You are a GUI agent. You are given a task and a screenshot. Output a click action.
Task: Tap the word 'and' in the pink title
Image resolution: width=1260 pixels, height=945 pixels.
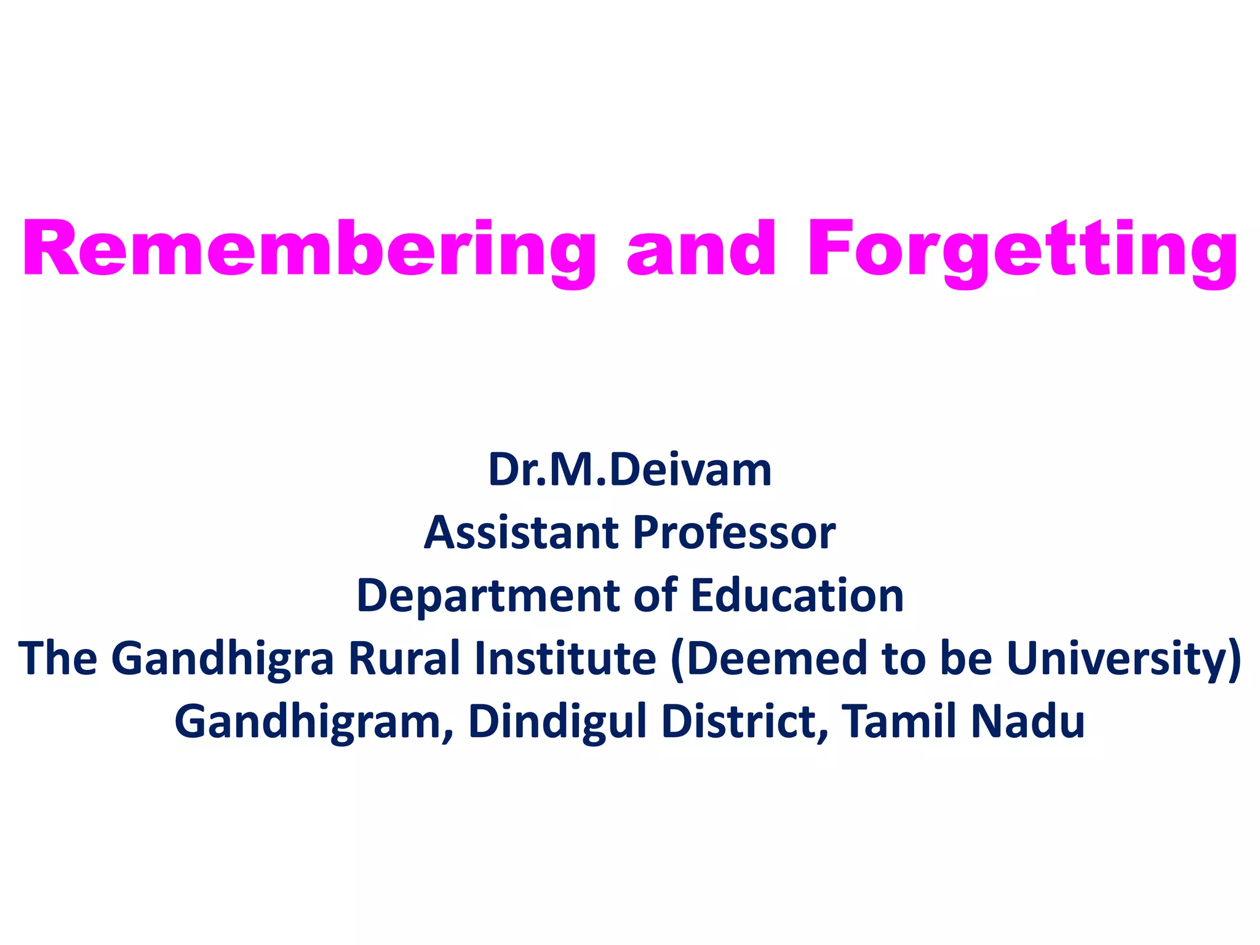[701, 249]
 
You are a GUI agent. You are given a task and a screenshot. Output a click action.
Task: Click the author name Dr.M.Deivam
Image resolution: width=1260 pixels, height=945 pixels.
[629, 470]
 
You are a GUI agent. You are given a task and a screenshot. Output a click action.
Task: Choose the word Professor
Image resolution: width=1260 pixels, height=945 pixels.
[734, 532]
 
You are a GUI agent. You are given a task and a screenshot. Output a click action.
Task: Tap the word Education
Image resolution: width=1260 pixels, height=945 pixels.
[797, 596]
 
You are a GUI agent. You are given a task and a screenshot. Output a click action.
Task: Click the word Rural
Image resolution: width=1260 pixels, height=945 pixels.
[404, 658]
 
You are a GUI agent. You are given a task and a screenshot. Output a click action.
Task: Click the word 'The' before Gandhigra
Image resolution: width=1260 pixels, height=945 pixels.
[58, 658]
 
